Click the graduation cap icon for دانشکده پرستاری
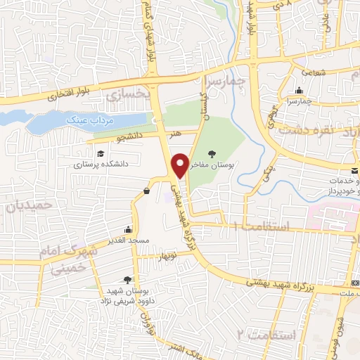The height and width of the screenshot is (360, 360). [x=100, y=153]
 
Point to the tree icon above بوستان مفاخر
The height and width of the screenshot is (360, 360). [x=212, y=153]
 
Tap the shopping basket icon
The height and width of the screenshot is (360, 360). [x=146, y=191]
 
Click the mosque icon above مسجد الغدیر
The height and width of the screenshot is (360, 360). [x=128, y=229]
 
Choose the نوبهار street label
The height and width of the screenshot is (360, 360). [x=169, y=255]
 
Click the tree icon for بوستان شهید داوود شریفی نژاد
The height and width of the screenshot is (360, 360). [x=127, y=279]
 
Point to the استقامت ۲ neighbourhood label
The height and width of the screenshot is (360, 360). [x=261, y=332]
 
